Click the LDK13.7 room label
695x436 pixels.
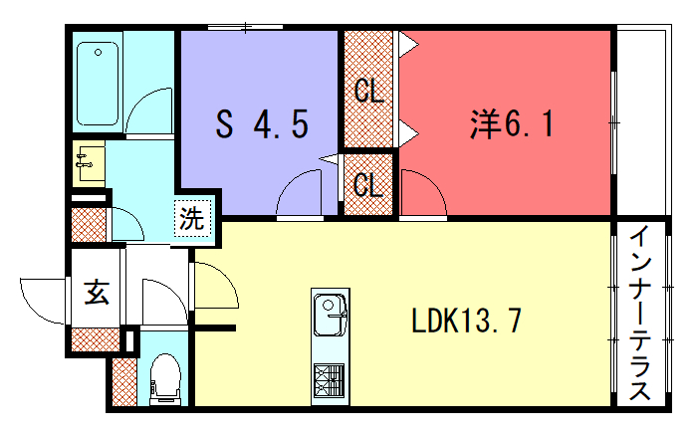466,321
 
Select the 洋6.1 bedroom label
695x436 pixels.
512,123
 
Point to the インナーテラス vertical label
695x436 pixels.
640,313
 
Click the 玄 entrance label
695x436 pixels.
97,292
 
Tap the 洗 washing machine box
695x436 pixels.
192,218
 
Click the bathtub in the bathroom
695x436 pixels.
98,84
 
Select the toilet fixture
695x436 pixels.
165,379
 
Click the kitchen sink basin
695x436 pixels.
330,315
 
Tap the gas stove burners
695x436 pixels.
330,380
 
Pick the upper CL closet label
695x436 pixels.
368,92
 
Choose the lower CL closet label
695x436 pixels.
368,184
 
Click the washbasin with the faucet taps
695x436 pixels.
89,162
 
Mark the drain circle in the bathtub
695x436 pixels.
98,53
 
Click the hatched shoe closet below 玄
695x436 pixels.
96,339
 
